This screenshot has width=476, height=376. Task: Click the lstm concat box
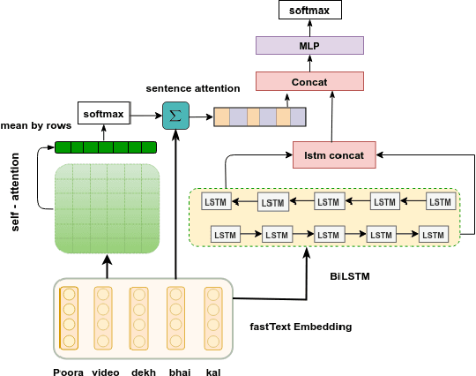point(334,155)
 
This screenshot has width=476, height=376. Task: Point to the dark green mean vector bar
point(106,147)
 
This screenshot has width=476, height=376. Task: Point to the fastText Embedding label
point(301,327)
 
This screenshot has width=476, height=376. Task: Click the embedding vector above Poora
point(69,318)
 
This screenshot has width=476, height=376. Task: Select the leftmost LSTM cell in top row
point(216,200)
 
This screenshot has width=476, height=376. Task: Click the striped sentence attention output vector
point(260,117)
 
